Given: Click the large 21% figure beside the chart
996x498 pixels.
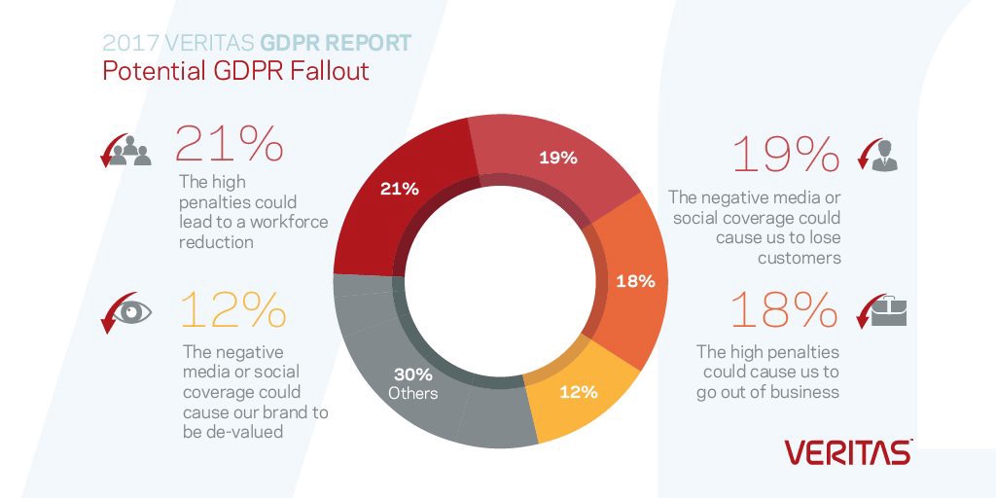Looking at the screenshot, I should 229,143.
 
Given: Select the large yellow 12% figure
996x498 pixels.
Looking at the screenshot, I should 233,311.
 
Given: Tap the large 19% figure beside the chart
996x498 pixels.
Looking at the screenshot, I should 785,155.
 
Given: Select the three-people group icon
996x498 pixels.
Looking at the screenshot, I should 131,153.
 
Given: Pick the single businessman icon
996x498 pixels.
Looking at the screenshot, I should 885,155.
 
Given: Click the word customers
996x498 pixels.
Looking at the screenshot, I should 799,258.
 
